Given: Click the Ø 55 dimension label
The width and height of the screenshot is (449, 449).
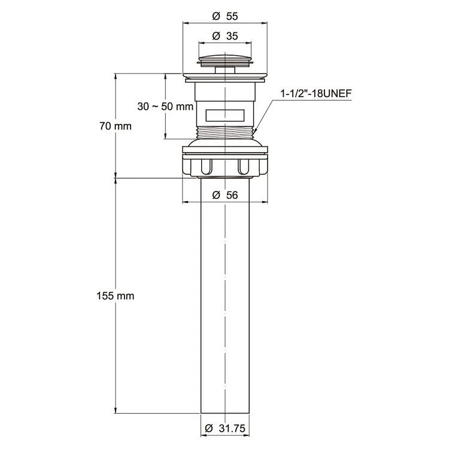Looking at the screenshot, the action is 225,16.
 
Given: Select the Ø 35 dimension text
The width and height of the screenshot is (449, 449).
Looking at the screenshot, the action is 225,36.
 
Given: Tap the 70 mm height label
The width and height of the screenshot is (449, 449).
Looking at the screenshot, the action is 116,126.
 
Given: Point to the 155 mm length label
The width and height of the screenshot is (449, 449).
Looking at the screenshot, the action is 116,296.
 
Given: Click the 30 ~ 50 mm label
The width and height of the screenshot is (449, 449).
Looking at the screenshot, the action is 165,107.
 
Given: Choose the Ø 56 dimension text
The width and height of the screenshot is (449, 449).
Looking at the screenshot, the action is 225,195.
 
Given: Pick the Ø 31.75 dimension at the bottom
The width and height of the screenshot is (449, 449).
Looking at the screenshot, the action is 225,429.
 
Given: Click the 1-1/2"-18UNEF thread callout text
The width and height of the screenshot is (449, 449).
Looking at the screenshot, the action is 316,93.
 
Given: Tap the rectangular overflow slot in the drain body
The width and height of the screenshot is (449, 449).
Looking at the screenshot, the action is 225,115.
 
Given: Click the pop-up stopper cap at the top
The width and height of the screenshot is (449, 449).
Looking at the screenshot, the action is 225,59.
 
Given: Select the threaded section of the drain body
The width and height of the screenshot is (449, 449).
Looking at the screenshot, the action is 225,133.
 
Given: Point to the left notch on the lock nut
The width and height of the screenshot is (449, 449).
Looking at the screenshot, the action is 207,166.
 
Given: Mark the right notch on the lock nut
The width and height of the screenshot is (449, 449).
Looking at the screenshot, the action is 244,166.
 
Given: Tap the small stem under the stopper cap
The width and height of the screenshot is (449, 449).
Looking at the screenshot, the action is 225,70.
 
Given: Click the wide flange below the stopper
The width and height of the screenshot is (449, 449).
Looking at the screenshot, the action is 225,76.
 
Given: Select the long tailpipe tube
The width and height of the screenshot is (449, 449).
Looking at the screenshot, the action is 225,296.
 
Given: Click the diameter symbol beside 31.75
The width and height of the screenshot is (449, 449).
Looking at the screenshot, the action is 210,429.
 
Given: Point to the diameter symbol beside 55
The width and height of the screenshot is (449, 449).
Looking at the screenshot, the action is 216,16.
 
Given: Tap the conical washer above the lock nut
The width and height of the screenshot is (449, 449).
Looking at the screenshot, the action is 225,143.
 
